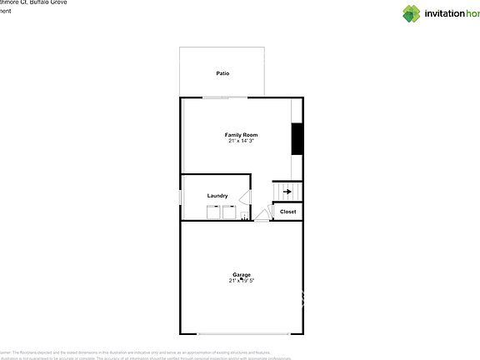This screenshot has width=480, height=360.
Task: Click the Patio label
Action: [222, 73]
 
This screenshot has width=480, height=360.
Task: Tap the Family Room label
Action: [241, 134]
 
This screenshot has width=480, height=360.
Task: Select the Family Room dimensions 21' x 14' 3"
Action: [241, 141]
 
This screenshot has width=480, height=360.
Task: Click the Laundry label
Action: [217, 196]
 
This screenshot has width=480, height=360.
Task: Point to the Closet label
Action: [287, 212]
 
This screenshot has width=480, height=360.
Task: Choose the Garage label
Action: [242, 274]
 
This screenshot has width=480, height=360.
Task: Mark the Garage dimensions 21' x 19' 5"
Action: [242, 281]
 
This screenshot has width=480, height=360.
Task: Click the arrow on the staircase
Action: [287, 192]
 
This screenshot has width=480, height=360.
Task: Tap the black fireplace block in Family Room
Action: [296, 138]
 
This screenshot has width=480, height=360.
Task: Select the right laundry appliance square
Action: [228, 211]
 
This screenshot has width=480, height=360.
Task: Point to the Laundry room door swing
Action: [245, 197]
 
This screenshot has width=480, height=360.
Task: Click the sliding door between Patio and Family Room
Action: [225, 97]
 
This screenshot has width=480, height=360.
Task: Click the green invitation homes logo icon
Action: [412, 13]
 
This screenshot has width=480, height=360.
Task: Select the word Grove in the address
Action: [56, 2]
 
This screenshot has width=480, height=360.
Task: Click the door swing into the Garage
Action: [262, 217]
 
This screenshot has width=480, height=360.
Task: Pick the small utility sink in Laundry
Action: [243, 216]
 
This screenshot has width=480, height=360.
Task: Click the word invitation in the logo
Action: [446, 13]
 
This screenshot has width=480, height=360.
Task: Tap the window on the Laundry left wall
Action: [181, 197]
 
